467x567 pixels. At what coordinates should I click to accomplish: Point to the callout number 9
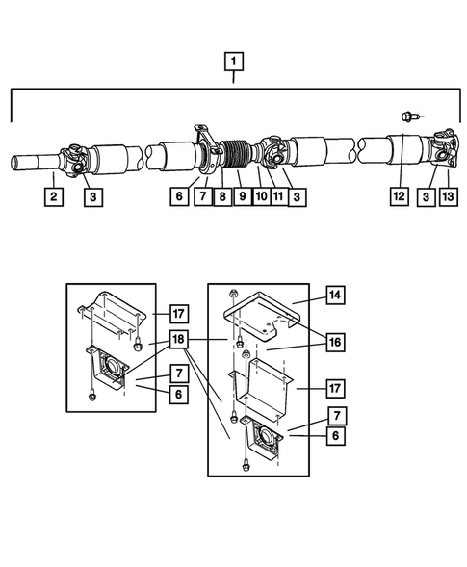tap(242, 196)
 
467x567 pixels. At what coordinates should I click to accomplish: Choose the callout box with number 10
tap(260, 196)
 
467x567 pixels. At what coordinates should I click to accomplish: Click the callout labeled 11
tap(279, 196)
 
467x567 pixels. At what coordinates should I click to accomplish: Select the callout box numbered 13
tap(449, 196)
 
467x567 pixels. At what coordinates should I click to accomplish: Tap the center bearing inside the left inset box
tap(106, 368)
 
